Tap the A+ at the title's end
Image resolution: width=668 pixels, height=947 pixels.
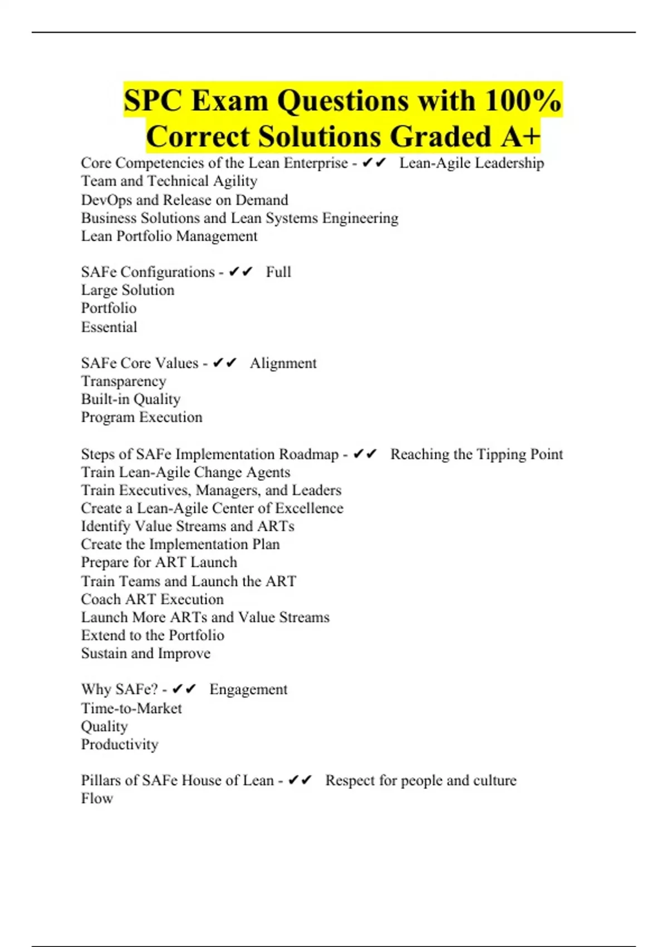(x=520, y=136)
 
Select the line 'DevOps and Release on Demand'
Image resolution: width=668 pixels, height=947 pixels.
(x=184, y=199)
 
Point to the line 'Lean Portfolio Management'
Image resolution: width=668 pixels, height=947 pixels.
(x=169, y=236)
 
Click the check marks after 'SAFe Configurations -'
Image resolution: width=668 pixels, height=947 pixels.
(x=240, y=272)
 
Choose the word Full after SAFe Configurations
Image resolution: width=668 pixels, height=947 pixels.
(x=278, y=272)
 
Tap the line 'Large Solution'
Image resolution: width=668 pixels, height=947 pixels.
(x=127, y=290)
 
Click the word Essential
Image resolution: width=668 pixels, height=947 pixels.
(x=109, y=326)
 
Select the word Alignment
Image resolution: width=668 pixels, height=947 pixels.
(x=283, y=363)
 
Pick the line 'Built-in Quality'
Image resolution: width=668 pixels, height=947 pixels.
(x=131, y=399)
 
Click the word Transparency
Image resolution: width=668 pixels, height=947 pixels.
(x=124, y=381)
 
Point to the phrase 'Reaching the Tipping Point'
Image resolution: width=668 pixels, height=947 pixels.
(x=477, y=454)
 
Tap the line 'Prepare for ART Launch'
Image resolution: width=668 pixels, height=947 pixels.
(x=159, y=562)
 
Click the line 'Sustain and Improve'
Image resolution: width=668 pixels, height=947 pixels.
(x=146, y=653)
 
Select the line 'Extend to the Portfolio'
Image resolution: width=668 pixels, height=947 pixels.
(x=153, y=635)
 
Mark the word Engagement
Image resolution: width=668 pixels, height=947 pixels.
(x=248, y=689)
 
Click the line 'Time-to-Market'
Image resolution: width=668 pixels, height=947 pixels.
(x=131, y=708)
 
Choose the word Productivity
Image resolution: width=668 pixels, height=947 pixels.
(x=120, y=744)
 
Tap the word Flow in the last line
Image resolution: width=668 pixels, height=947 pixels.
(x=97, y=798)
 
